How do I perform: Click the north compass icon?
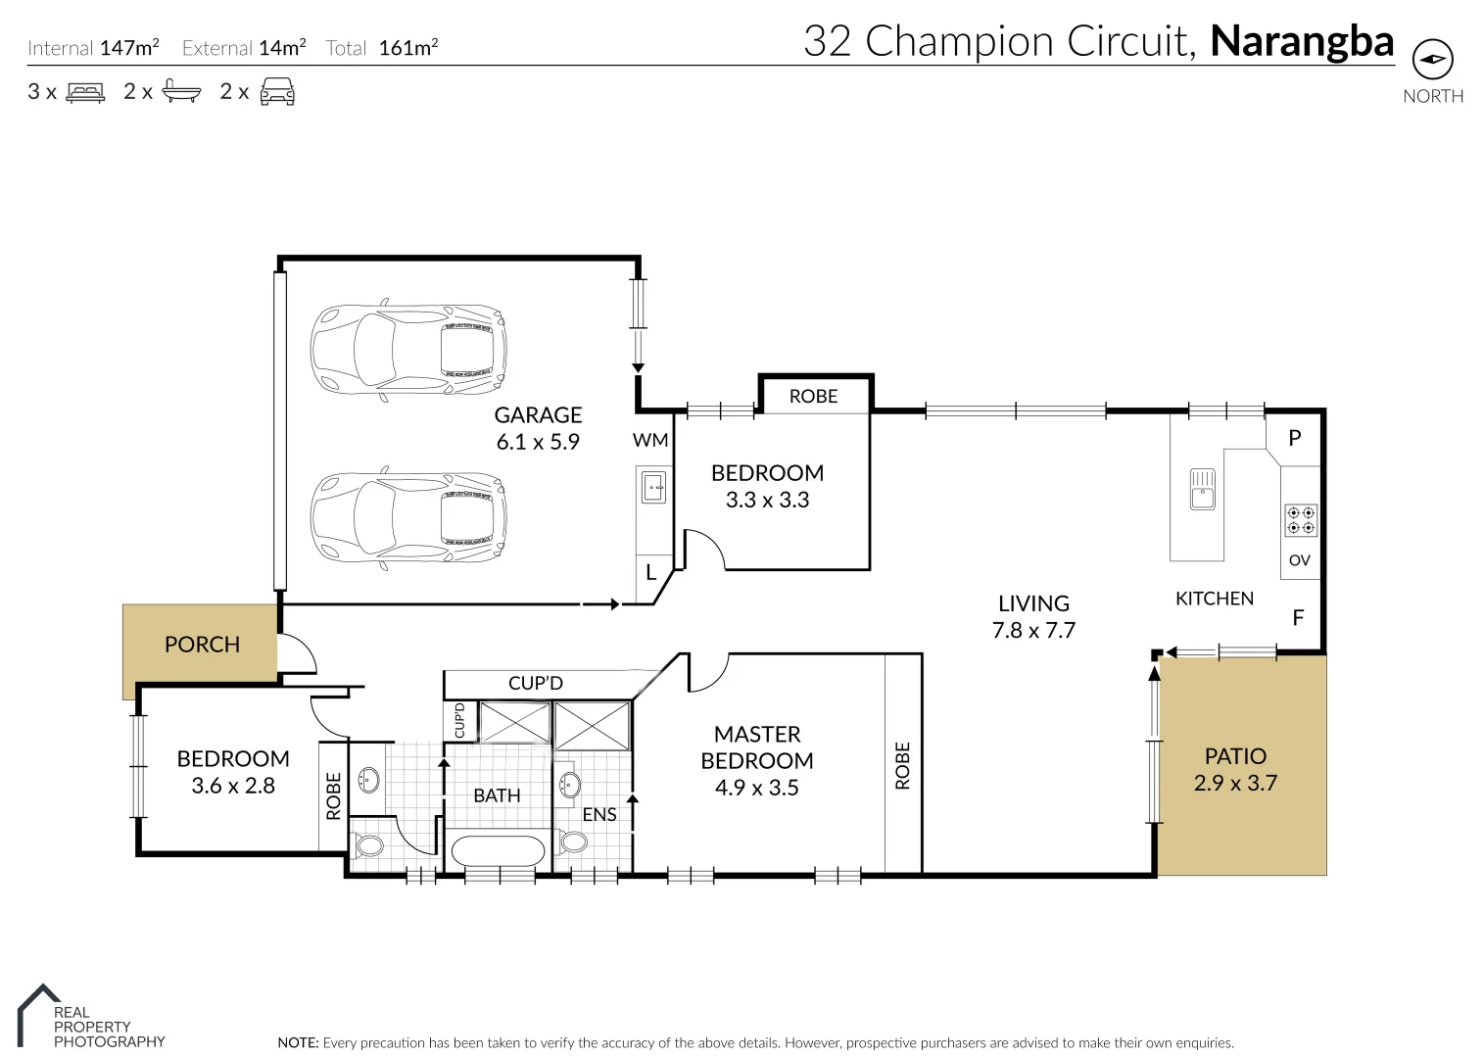click(x=1432, y=60)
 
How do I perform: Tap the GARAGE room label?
click(x=538, y=415)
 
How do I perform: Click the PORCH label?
click(x=202, y=645)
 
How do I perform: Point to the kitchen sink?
click(x=1202, y=489)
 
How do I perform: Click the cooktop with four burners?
click(x=1301, y=520)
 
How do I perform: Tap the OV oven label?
click(x=1299, y=560)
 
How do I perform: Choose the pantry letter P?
click(x=1294, y=438)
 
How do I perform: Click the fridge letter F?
click(x=1298, y=618)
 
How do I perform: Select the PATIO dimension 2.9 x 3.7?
click(x=1235, y=783)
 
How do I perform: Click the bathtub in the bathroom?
click(x=497, y=850)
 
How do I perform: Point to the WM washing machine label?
click(x=650, y=440)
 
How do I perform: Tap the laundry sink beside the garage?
click(x=652, y=486)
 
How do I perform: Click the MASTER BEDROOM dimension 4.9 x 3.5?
click(x=756, y=788)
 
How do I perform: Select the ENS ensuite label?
click(x=598, y=814)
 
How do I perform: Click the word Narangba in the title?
click(x=1302, y=41)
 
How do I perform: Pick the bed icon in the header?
click(x=85, y=93)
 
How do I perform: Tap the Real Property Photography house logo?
click(x=37, y=1014)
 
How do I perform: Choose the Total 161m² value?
click(x=407, y=48)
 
